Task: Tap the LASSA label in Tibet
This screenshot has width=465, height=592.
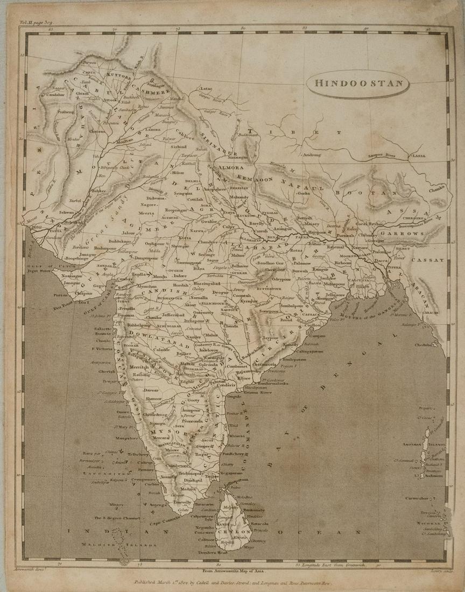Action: coord(419,156)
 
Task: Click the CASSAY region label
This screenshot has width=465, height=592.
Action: coord(428,260)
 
